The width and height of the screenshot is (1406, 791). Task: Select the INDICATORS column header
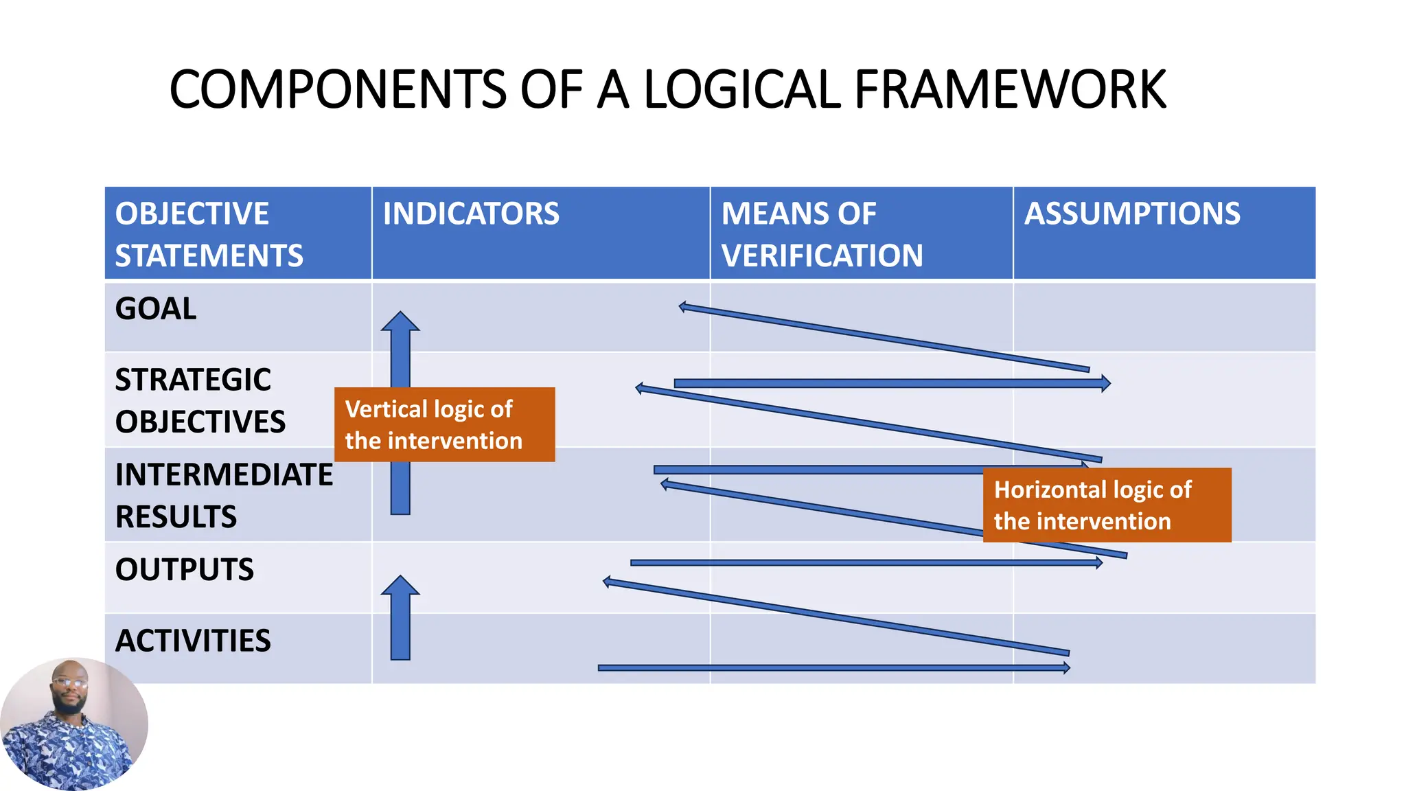471,214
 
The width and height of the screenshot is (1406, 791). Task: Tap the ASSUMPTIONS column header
1132,214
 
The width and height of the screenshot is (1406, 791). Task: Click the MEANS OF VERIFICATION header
822,234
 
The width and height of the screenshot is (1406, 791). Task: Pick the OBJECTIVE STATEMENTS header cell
209,234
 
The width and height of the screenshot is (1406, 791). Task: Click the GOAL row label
156,308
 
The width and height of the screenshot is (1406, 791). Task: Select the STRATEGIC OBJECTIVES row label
199,400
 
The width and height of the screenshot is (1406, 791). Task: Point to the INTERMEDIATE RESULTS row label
223,495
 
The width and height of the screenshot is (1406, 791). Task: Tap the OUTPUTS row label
184,569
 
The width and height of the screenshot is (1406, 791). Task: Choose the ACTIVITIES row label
193,641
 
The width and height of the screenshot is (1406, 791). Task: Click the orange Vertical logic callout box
444,424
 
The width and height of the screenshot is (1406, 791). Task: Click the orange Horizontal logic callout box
1107,505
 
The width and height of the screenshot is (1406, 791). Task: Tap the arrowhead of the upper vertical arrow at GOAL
400,321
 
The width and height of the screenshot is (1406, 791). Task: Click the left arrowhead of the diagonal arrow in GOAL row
682,307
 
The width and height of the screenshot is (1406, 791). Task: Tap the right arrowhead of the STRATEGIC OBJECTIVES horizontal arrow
1105,383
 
